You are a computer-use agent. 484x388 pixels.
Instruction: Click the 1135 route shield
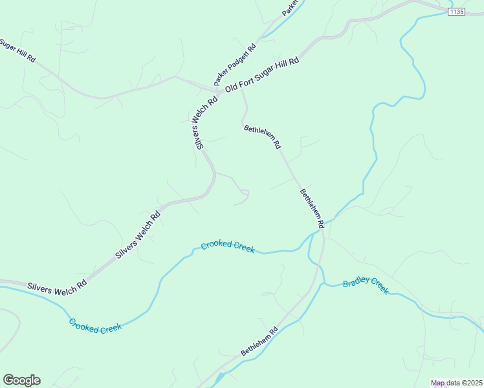(457, 12)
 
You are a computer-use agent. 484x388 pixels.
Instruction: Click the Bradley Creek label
(366, 285)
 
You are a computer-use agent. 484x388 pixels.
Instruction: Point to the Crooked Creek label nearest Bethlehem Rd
(228, 246)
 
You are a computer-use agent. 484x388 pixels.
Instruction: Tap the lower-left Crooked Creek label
(95, 325)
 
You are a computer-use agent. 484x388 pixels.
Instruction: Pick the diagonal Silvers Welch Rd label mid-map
(138, 236)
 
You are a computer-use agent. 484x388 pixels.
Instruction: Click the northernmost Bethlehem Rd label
(263, 137)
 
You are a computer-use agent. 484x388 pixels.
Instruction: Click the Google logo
(21, 380)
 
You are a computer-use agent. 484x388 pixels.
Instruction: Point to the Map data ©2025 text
(457, 383)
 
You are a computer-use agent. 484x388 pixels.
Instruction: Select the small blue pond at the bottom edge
(220, 376)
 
